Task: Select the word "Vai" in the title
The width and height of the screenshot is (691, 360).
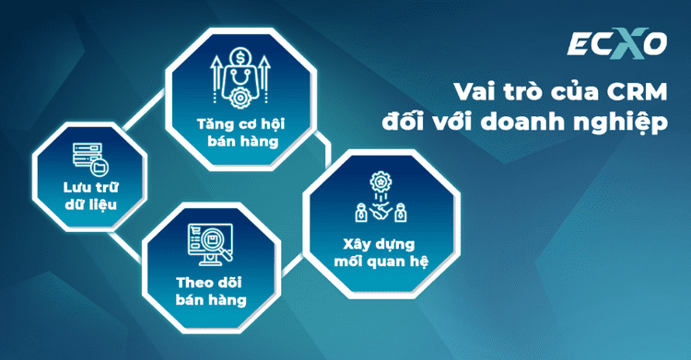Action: pyautogui.click(x=471, y=92)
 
